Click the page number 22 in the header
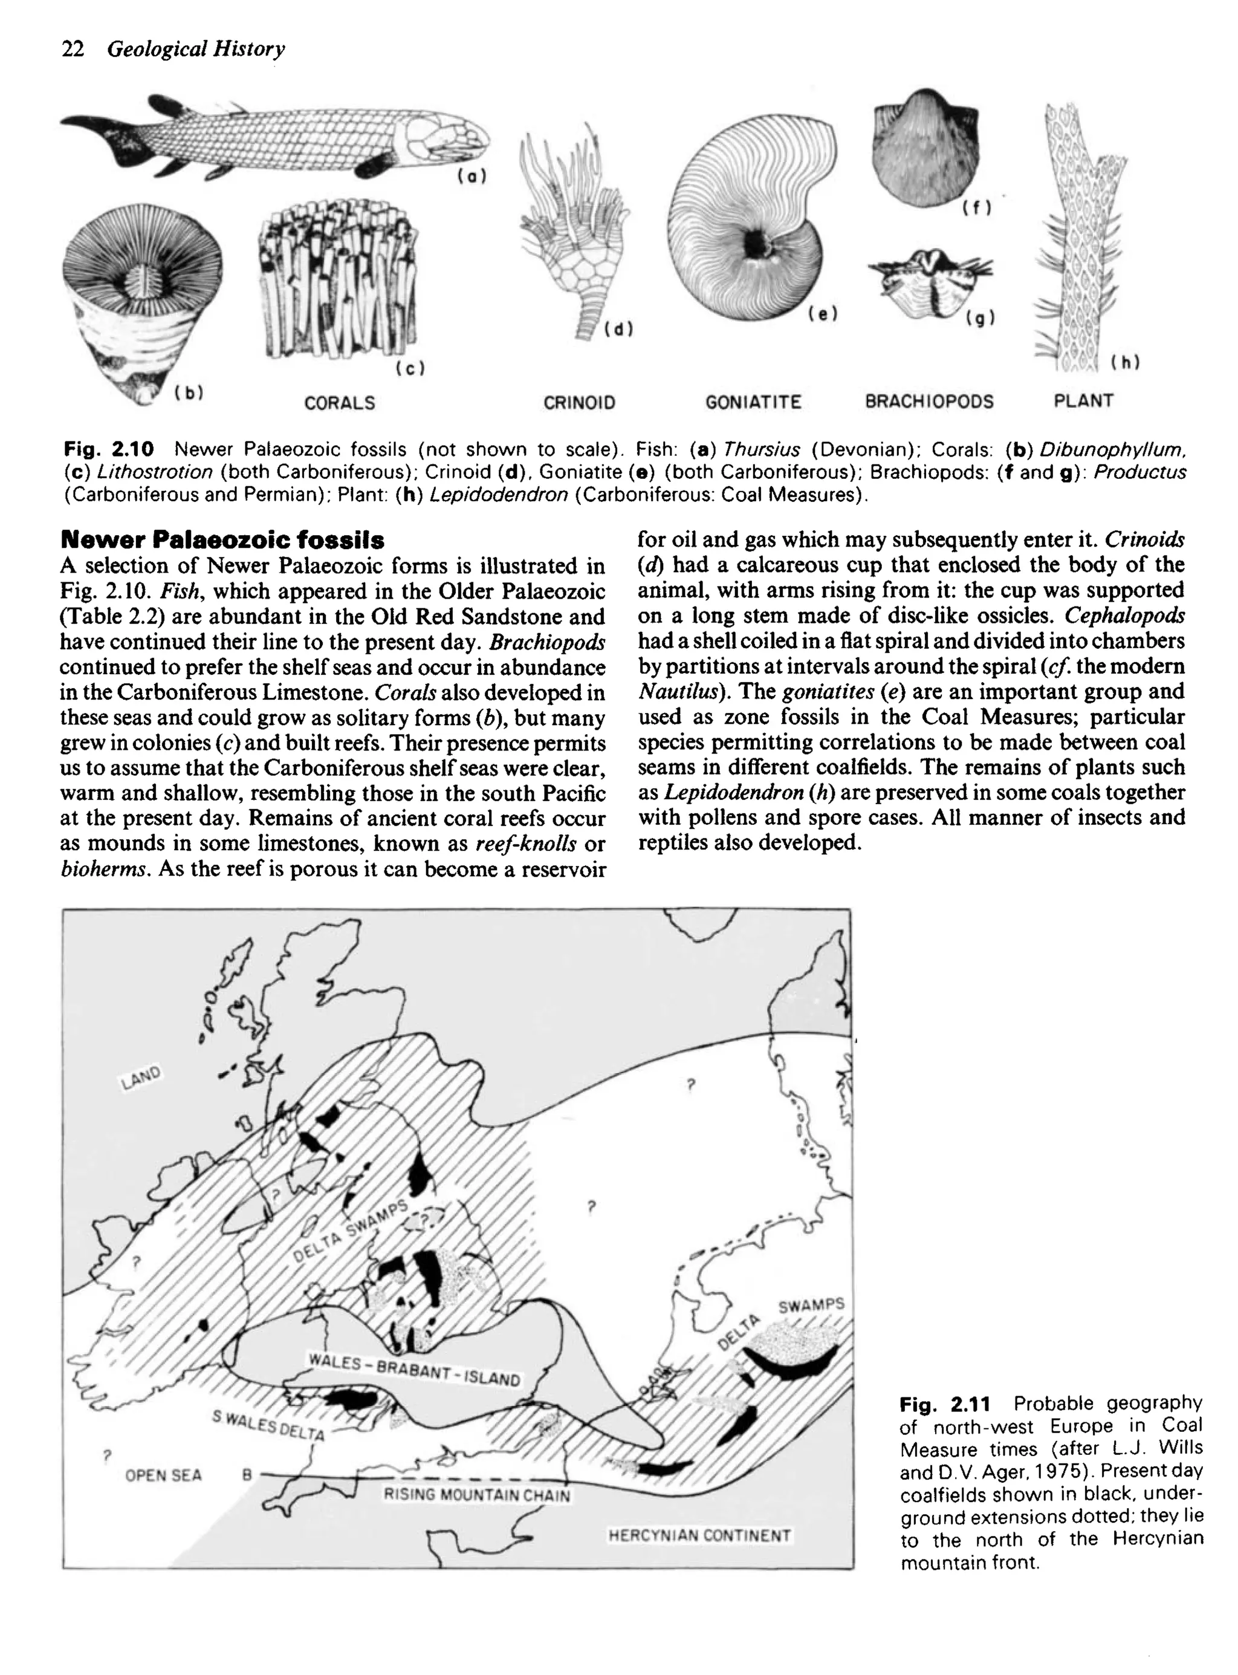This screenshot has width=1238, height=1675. [73, 50]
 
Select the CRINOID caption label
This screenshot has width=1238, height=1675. [579, 403]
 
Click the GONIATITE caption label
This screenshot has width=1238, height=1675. [753, 403]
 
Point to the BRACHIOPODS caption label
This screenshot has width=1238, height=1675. [929, 402]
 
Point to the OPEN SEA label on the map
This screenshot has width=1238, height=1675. [163, 1475]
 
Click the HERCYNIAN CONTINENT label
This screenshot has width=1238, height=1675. [699, 1535]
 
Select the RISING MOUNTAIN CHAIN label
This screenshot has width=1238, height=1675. [476, 1495]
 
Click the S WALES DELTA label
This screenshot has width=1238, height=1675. [268, 1425]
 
